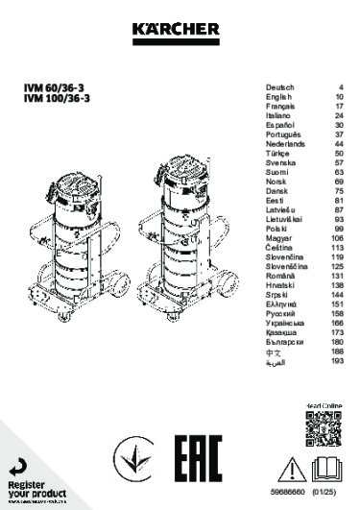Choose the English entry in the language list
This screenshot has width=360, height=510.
pos(277,97)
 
